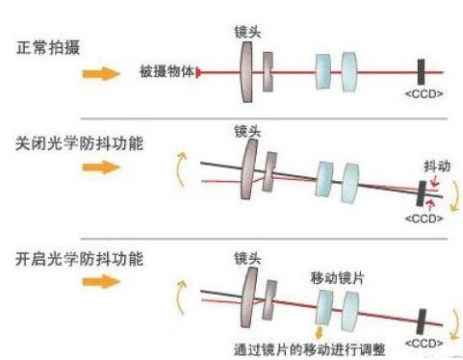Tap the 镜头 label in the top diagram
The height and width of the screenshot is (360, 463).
click(247, 32)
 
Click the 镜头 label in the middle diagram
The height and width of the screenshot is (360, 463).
click(247, 128)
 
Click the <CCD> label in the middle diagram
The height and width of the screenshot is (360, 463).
click(422, 219)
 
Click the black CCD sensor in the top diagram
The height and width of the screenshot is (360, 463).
click(422, 71)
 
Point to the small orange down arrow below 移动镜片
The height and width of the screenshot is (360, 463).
click(320, 330)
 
